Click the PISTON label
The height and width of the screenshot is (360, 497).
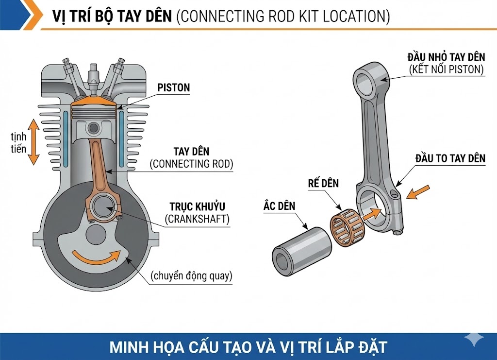173,88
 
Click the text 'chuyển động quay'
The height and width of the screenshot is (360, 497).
191,276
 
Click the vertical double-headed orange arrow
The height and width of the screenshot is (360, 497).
33,142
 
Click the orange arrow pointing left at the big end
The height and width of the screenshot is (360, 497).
417,193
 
